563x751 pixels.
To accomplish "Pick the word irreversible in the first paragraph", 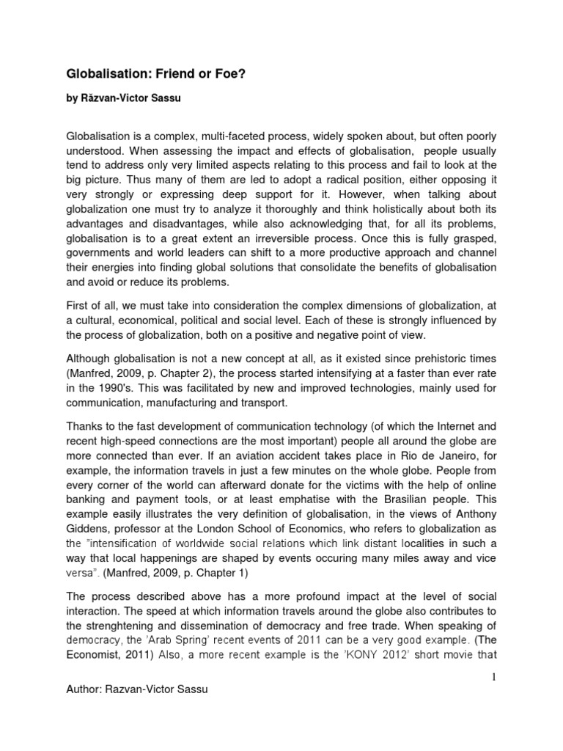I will (297, 238).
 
